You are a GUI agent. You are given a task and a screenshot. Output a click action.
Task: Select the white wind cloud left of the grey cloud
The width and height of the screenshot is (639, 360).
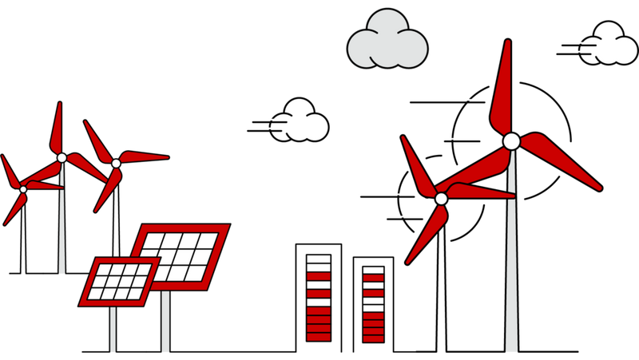pos(302,122)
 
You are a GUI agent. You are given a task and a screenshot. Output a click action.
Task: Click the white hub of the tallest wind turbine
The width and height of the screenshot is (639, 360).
pos(511,141)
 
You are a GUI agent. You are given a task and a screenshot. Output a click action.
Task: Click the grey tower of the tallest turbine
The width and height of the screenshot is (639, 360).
pos(511,263)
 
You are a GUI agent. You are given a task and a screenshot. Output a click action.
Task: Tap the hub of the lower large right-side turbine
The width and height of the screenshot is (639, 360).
pos(441,198)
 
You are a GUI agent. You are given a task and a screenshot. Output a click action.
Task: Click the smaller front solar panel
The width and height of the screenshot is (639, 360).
pos(119,281)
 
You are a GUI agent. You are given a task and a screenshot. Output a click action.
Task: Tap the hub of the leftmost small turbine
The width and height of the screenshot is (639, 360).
pos(23,189)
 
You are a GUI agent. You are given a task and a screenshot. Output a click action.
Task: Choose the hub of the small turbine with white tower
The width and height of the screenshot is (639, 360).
pos(62,157)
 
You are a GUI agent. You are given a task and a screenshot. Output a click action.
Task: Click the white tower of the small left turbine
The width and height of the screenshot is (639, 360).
pos(62,231)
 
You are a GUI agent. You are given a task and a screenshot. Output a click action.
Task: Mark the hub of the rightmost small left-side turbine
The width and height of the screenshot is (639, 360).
pos(116,163)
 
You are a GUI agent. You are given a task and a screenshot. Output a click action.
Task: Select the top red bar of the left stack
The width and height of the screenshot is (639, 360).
pos(319,276)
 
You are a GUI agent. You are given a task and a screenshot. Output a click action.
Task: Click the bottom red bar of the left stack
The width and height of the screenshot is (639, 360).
pos(319,337)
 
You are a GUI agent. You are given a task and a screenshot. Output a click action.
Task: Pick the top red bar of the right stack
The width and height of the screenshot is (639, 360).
pos(373,278)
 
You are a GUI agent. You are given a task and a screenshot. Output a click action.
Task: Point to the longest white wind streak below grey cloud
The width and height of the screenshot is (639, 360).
pos(447,99)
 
